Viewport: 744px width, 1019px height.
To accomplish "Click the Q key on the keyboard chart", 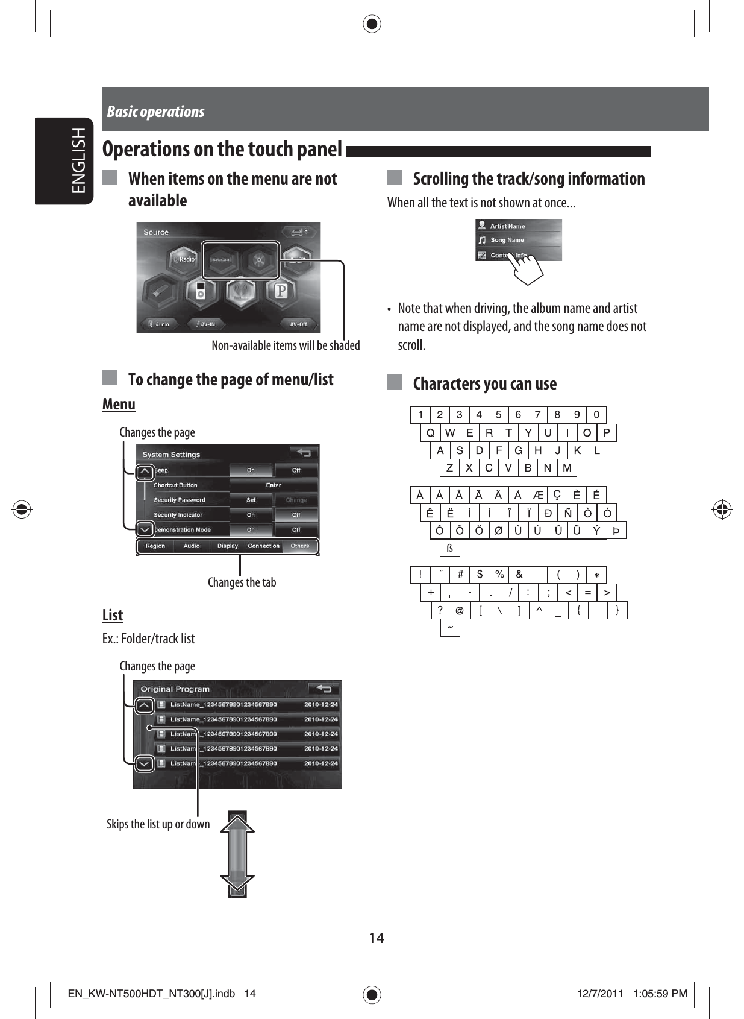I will tap(430, 433).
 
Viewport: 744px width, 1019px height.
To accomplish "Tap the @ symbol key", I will tap(460, 611).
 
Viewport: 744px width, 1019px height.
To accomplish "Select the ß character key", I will tap(449, 548).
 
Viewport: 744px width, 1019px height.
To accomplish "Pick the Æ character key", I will tap(538, 496).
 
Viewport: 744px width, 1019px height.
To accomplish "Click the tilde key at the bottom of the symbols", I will tap(449, 628).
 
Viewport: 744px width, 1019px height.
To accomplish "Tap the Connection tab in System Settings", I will tap(264, 546).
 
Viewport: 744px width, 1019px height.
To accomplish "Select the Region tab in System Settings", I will tap(155, 546).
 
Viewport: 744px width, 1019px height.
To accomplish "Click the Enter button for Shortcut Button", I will tap(274, 485).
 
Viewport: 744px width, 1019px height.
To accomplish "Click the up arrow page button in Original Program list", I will tap(145, 705).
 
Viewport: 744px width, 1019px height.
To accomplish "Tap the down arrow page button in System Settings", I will tap(145, 529).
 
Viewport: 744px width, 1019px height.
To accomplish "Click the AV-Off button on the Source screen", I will tap(298, 324).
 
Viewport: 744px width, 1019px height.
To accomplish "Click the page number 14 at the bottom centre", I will tap(377, 938).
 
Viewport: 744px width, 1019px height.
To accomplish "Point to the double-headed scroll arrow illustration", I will tap(237, 854).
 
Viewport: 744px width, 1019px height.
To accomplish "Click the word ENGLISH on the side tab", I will tap(79, 160).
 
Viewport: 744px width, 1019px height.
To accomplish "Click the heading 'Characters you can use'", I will tap(484, 383).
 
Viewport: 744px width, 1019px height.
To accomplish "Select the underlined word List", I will tap(113, 615).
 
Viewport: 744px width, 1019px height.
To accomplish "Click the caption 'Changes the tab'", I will tap(242, 582).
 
